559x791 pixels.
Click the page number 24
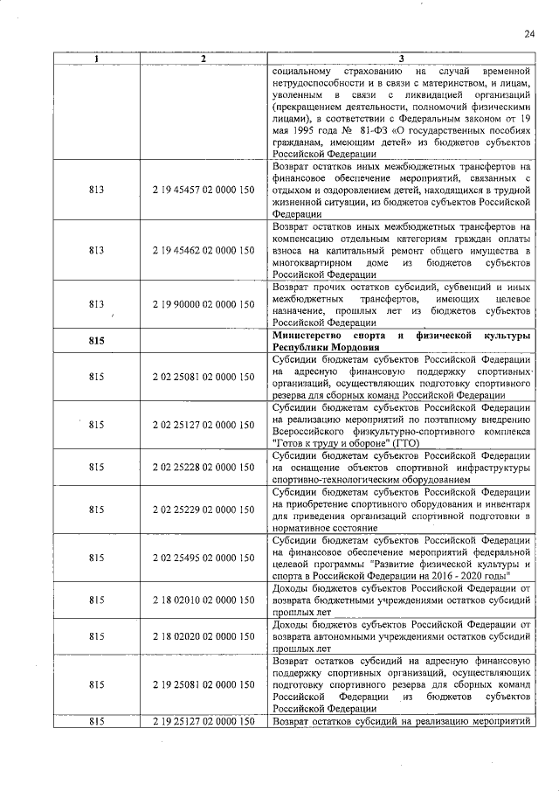pyautogui.click(x=529, y=34)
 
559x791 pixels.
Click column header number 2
pyautogui.click(x=202, y=58)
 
